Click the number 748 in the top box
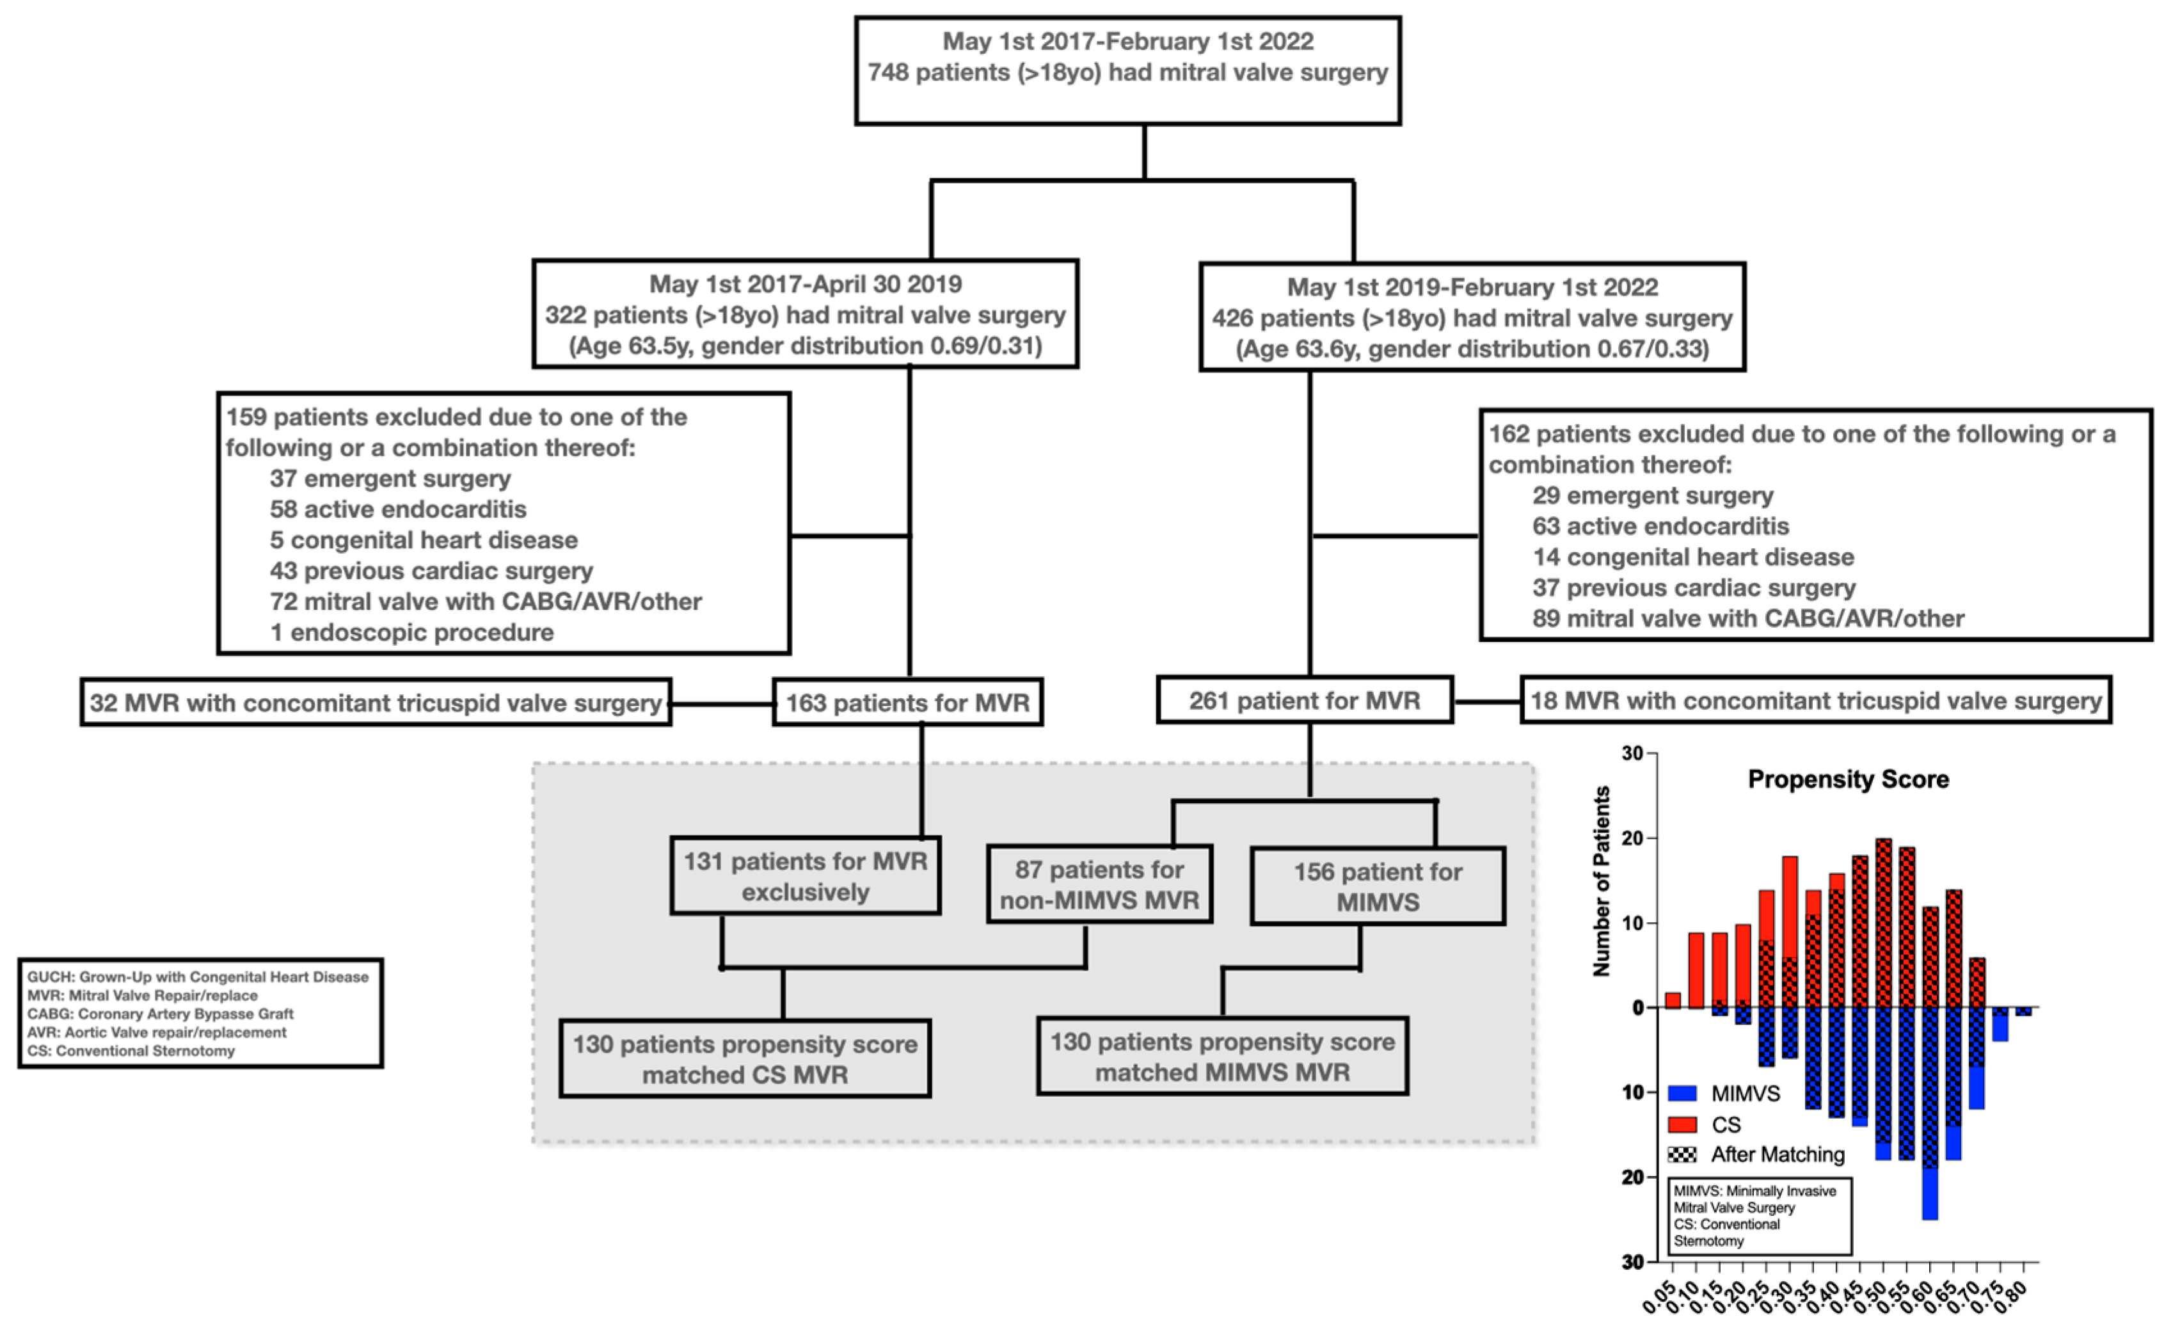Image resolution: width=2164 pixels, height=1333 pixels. click(887, 72)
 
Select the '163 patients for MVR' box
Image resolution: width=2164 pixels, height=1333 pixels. click(907, 703)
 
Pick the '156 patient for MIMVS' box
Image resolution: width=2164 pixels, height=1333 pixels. click(1377, 886)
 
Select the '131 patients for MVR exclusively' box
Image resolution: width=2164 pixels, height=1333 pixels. click(805, 876)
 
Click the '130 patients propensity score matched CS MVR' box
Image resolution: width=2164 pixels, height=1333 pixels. click(745, 1059)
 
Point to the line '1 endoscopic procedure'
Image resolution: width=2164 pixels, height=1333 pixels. click(411, 632)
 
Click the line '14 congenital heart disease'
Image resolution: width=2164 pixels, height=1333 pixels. click(1692, 557)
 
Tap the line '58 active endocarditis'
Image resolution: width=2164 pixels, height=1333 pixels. click(397, 509)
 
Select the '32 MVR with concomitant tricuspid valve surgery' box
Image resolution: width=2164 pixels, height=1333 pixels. click(376, 703)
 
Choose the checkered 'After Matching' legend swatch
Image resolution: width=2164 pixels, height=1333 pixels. click(1682, 1155)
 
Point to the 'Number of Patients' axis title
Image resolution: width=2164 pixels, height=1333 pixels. click(1601, 882)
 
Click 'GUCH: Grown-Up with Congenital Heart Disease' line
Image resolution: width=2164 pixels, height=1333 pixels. click(198, 977)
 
